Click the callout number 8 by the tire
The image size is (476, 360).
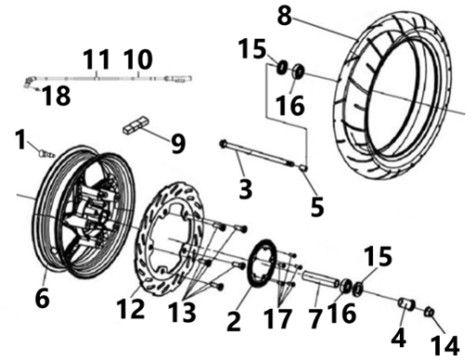tap(284, 16)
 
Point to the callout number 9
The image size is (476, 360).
tap(178, 143)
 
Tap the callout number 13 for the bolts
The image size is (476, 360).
tap(182, 312)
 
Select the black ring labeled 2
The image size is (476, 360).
tap(261, 263)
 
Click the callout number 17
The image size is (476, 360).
tap(278, 318)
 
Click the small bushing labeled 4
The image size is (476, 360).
tap(406, 303)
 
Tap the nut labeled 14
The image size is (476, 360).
tap(430, 313)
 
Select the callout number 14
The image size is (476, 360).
tap(445, 345)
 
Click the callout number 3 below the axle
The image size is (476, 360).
tap(245, 188)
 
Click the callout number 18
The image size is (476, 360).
tap(56, 96)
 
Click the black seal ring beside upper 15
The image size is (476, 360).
tap(282, 68)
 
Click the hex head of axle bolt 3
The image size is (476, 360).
tap(223, 143)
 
